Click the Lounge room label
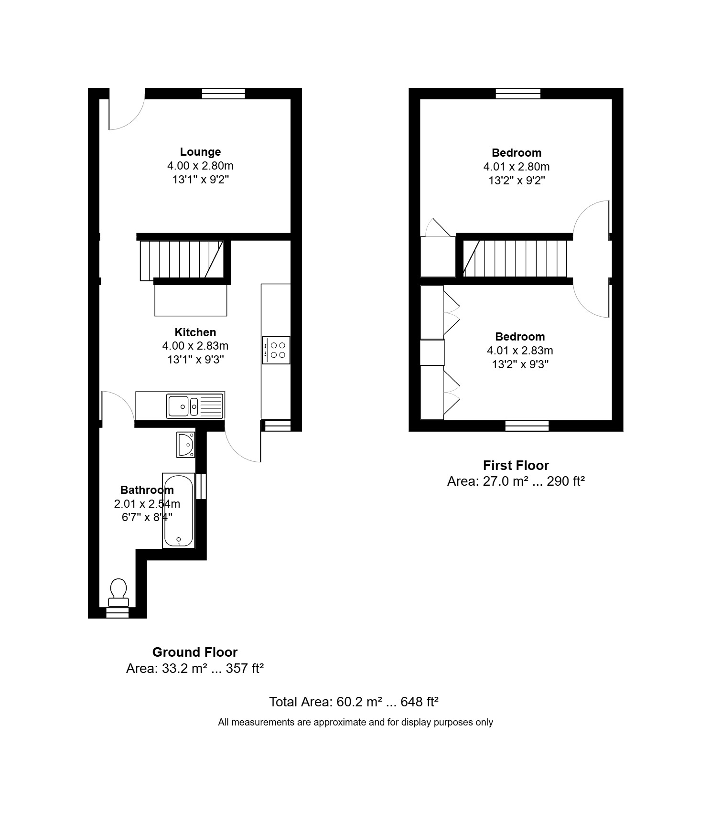click(200, 152)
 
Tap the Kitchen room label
click(195, 332)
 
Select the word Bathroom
click(147, 490)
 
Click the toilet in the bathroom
click(118, 592)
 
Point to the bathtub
click(179, 511)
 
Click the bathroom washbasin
click(186, 445)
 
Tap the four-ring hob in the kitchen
click(276, 350)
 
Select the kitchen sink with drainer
click(195, 406)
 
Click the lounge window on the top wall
click(223, 94)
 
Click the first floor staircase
click(515, 259)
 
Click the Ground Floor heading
click(195, 652)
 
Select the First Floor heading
click(516, 465)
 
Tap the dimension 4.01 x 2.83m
click(520, 351)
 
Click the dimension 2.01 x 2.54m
click(147, 504)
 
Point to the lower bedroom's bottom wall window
click(527, 426)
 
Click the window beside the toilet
click(118, 613)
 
